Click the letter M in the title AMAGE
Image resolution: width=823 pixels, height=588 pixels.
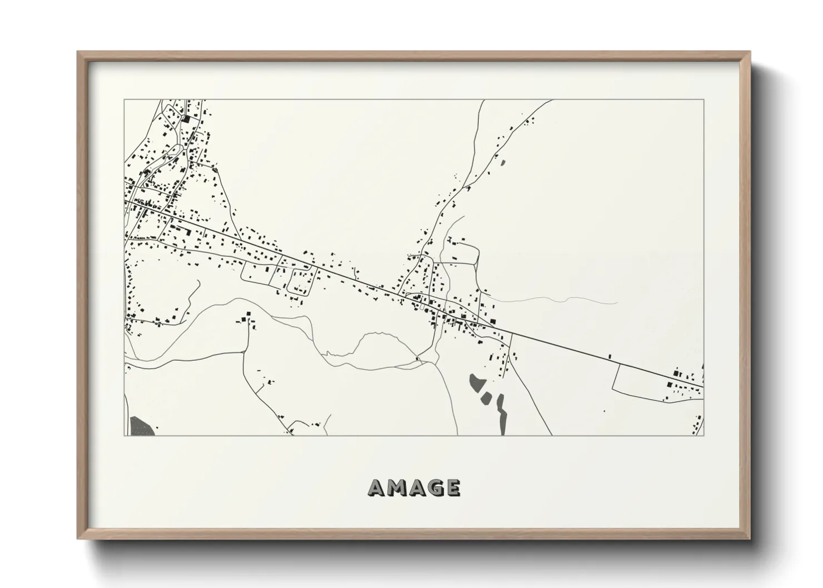click(x=396, y=487)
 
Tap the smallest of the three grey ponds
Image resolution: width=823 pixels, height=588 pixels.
click(x=487, y=397)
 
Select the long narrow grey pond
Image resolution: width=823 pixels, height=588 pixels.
click(x=501, y=413)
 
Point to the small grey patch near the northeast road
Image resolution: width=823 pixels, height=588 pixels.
click(x=503, y=163)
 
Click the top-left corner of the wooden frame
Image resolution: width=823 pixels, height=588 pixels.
click(x=78, y=53)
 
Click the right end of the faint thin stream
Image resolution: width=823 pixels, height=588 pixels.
click(x=617, y=303)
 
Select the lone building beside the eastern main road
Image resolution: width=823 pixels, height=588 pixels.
click(x=609, y=356)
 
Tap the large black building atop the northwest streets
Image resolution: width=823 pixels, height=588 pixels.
click(x=186, y=118)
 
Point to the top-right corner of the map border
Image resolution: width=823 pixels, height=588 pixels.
click(x=704, y=100)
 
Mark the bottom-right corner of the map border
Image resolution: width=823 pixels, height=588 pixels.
click(x=704, y=435)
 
